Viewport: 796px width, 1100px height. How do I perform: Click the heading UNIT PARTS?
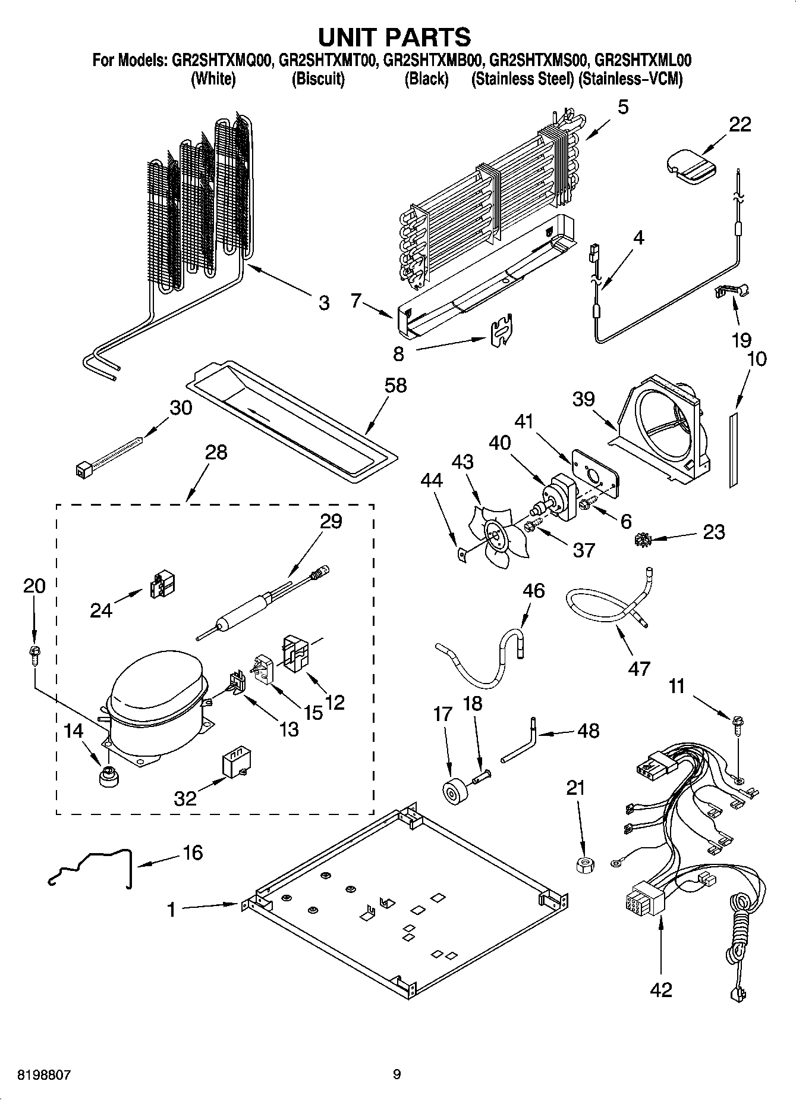tap(395, 37)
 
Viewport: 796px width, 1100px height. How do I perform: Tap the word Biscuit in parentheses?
tap(318, 80)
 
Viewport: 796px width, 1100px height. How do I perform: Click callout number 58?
tap(395, 385)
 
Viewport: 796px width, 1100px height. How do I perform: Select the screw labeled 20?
tap(34, 654)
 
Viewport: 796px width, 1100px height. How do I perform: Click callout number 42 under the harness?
tap(660, 989)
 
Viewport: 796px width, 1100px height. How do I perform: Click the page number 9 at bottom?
tap(397, 1074)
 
